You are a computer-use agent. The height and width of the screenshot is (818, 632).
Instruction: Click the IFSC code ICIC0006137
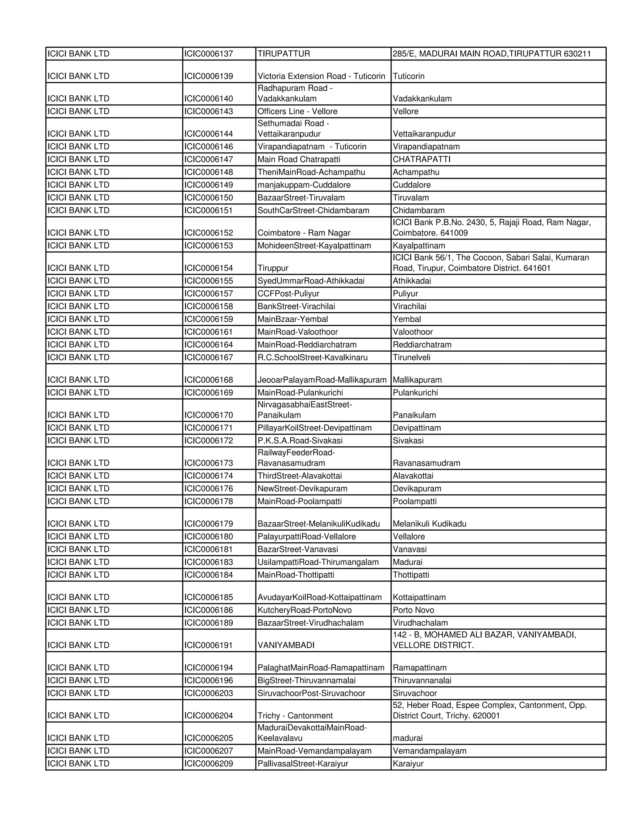[209, 54]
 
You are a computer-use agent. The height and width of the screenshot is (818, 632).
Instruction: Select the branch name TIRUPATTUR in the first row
[284, 54]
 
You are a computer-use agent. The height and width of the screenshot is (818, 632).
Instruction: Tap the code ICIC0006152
[209, 233]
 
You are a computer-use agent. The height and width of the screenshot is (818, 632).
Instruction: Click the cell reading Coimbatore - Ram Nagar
[304, 233]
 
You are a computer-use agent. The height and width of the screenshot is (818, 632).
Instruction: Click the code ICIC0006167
[209, 357]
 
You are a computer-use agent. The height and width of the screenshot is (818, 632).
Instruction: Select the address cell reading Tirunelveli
[411, 357]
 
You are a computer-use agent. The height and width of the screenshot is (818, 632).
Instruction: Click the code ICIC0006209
[209, 763]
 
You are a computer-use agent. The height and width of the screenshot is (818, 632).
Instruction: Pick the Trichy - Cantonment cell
[295, 716]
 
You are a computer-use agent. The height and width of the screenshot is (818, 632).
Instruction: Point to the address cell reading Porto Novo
[413, 610]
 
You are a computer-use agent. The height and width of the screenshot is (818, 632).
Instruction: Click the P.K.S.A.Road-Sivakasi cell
[300, 440]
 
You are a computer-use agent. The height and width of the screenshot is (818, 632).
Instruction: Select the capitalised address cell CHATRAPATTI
[422, 160]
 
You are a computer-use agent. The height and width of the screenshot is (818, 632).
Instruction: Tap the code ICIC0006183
[209, 562]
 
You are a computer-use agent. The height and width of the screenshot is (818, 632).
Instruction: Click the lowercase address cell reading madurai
[407, 738]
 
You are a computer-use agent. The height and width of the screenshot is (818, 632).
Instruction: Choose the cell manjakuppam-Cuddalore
[304, 185]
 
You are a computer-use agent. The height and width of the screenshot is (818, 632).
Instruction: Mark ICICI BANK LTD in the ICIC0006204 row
[79, 716]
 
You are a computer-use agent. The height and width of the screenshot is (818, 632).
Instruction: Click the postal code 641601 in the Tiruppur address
[537, 268]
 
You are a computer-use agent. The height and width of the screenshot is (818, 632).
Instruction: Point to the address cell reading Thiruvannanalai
[422, 680]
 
